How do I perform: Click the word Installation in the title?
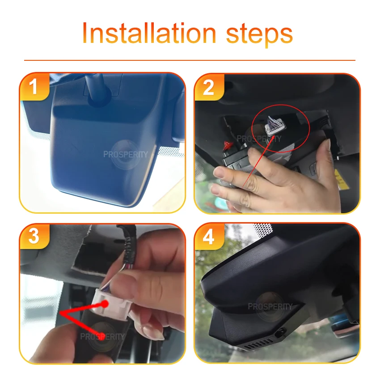(x=149, y=33)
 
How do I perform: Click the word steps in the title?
(x=259, y=36)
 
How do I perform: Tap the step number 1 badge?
(x=34, y=87)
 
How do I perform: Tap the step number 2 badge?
(x=209, y=87)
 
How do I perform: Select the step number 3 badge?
(x=34, y=236)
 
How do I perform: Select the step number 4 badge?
(x=209, y=237)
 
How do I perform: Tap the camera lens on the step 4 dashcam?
(x=281, y=333)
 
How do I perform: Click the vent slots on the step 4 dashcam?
(x=258, y=344)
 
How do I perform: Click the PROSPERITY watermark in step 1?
(x=126, y=154)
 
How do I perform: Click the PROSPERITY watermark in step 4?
(x=270, y=307)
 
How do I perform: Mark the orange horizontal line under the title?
(x=190, y=60)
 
